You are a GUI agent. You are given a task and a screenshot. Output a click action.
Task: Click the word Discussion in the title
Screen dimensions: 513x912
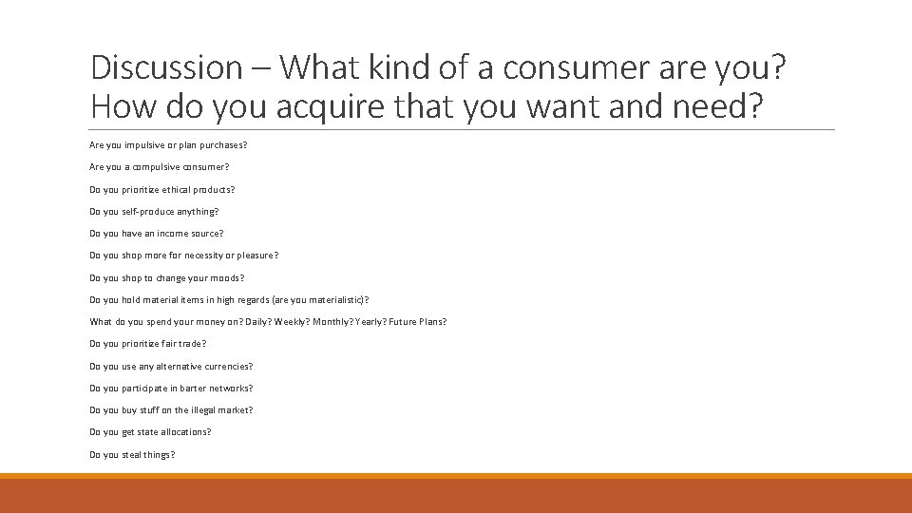point(166,67)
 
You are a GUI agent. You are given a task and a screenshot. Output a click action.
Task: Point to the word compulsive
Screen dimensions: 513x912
point(155,167)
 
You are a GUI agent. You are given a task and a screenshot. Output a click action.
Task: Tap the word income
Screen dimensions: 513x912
point(174,234)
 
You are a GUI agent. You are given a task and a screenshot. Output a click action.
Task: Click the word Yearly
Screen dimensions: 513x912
point(370,322)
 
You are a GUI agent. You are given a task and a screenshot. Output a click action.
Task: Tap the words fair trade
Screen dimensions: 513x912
point(183,344)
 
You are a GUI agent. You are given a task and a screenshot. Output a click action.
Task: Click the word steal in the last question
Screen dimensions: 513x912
point(132,454)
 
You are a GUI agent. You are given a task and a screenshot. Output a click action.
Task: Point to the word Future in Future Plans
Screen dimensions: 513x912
point(402,322)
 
